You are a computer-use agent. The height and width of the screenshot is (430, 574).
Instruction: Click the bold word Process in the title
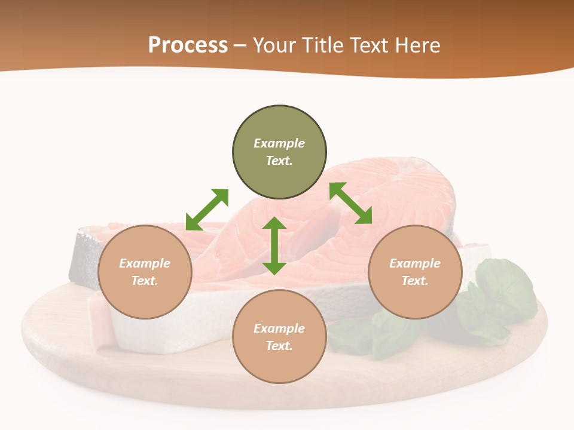[188, 45]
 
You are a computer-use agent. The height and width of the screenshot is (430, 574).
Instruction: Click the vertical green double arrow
[274, 245]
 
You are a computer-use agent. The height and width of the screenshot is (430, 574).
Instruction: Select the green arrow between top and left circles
[207, 210]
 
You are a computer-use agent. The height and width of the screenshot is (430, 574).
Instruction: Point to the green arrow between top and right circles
[351, 203]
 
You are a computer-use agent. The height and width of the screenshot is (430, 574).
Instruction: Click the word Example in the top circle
[279, 143]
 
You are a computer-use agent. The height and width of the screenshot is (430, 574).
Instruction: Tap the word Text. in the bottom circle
[279, 346]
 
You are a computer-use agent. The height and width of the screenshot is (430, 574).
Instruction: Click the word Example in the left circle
[145, 263]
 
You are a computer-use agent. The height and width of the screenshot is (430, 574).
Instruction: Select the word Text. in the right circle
[415, 281]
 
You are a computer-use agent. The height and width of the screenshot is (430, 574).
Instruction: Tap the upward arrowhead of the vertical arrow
[274, 223]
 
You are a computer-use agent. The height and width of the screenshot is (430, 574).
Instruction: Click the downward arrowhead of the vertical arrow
[274, 268]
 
